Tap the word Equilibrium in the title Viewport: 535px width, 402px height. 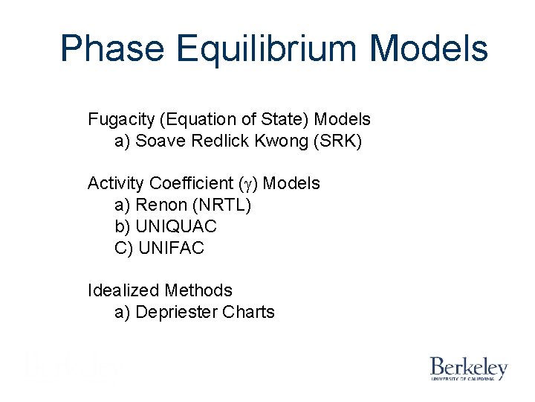tap(268, 48)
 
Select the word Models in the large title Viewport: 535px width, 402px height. tap(429, 48)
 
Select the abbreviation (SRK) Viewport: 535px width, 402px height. tap(338, 141)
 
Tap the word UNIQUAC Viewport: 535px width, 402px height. tap(176, 226)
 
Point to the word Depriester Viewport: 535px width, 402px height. tap(176, 312)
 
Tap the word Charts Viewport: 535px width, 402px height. tap(248, 312)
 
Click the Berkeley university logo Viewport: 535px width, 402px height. tap(468, 368)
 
